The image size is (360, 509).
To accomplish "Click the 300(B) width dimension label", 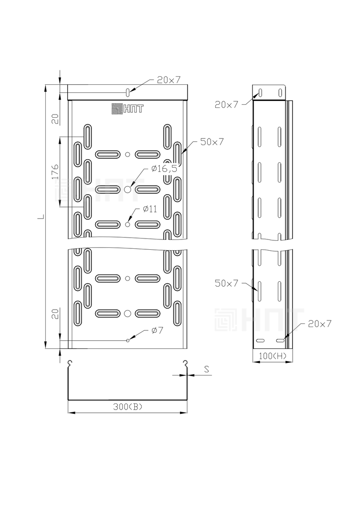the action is click(128, 406).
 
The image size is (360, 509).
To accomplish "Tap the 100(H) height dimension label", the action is click(273, 356).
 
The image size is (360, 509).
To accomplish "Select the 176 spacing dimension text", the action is click(55, 172).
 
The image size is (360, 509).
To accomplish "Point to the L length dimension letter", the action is click(40, 217).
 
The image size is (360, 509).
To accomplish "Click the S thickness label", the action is click(206, 369).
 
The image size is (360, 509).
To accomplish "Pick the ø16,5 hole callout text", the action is click(164, 168).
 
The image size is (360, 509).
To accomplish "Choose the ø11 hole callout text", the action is click(150, 209).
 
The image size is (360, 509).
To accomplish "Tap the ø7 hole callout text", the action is click(157, 330).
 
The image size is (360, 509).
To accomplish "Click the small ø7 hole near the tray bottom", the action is click(128, 341).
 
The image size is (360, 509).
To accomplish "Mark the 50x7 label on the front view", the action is click(212, 141).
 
